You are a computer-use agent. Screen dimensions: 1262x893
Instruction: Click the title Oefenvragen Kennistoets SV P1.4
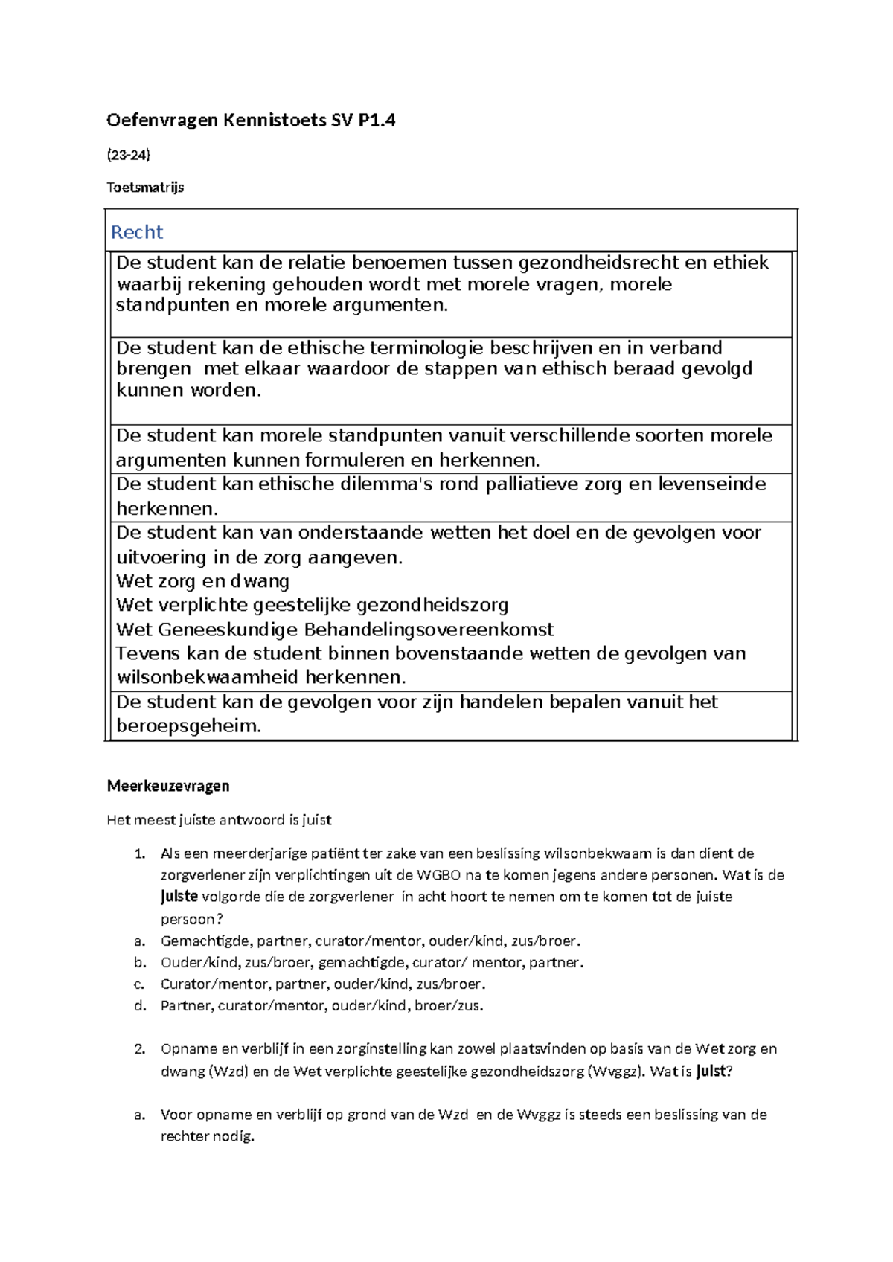251,120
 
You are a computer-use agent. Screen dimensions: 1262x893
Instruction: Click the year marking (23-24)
129,155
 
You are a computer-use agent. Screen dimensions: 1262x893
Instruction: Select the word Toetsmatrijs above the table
145,188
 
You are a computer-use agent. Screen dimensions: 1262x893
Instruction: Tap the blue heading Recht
137,232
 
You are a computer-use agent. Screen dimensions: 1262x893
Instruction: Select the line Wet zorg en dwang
203,581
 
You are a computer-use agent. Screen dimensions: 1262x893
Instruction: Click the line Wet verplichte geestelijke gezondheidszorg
313,605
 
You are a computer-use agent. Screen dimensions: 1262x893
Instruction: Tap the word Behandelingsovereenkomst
429,630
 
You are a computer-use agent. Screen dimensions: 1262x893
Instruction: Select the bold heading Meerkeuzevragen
168,786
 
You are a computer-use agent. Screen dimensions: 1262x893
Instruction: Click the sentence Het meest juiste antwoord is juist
219,820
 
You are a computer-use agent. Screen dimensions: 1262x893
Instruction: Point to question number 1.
139,853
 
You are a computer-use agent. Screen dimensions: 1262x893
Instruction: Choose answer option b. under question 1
140,962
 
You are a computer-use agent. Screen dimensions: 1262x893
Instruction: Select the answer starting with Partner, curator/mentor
321,1006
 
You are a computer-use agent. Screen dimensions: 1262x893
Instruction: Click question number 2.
139,1049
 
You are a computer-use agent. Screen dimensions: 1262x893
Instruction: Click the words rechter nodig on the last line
208,1136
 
